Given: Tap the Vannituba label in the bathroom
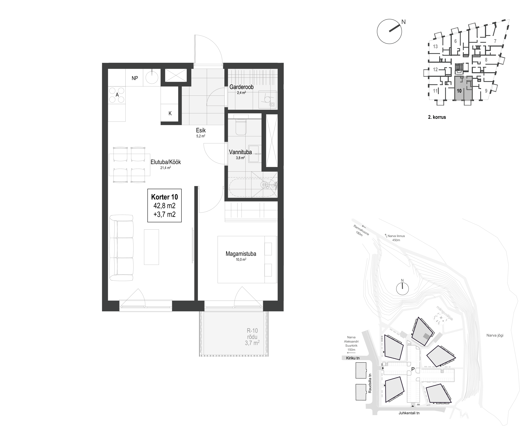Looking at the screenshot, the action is pyautogui.click(x=240, y=152).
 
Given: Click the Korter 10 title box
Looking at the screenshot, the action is pyautogui.click(x=164, y=205).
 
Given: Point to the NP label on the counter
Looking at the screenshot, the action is pyautogui.click(x=135, y=78).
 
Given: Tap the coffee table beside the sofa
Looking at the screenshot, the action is pyautogui.click(x=151, y=247).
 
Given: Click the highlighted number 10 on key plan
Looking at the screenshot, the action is pyautogui.click(x=459, y=91).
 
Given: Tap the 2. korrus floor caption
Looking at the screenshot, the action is pyautogui.click(x=437, y=117).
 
